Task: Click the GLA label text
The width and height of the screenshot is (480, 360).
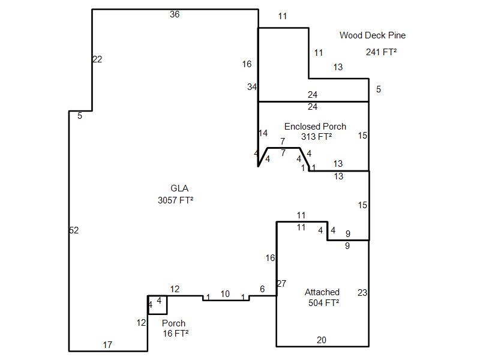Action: pos(175,188)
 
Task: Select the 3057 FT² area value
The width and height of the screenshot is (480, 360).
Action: pos(175,200)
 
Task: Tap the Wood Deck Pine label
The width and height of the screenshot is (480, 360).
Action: pos(372,35)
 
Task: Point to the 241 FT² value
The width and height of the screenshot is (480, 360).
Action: pos(381,52)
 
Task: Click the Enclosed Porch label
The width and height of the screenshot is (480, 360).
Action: pos(315,127)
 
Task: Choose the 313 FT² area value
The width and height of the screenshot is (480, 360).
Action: pos(316,137)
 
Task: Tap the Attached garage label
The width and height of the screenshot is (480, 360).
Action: pos(322,292)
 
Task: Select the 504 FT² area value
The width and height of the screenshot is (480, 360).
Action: pos(323,303)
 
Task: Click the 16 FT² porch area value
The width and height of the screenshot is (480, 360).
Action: pos(175,334)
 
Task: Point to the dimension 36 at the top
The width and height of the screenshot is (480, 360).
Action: pos(175,14)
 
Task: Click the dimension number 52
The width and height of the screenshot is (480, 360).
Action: pos(74,230)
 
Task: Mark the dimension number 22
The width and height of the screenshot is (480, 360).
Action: pos(97,59)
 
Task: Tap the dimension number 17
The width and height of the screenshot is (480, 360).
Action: pos(107,345)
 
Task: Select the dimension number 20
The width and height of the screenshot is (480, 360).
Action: pos(322,340)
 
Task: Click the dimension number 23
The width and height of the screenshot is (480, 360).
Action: pos(362,293)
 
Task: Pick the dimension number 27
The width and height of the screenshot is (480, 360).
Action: pos(281,284)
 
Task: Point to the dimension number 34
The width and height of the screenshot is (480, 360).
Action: pos(252,87)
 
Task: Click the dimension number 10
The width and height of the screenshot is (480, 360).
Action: pos(225,294)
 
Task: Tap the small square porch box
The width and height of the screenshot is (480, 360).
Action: pos(158,305)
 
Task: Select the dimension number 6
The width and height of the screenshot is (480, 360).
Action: pos(262,289)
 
